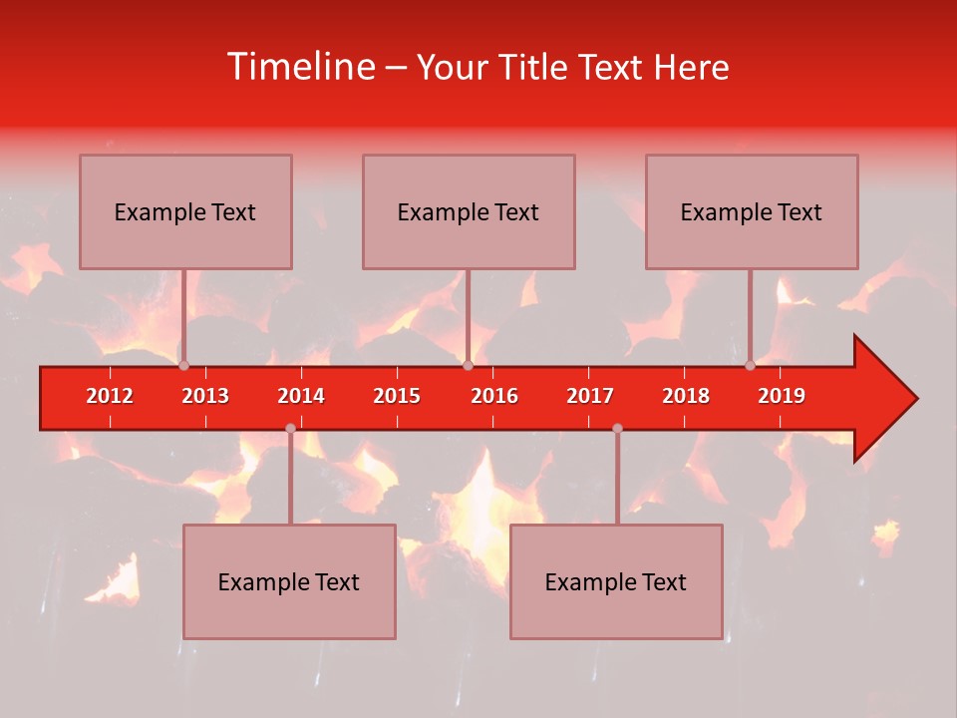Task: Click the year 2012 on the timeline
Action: coord(110,396)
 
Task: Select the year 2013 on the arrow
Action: coord(205,396)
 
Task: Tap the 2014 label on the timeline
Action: coord(301,396)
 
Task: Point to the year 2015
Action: coord(397,396)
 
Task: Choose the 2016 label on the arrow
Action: coord(494,396)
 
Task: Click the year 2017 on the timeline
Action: coord(590,396)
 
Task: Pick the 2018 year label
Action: coord(686,396)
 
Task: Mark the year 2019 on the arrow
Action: coord(782,396)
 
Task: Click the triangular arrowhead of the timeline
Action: coord(882,399)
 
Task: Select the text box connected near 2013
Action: coord(185,211)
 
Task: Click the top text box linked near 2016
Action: coord(469,211)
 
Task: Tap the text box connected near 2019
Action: coord(752,211)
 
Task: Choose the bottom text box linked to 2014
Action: coord(289,581)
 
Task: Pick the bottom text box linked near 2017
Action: coord(616,581)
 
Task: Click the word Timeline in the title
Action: coord(300,67)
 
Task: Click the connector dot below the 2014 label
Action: coord(290,428)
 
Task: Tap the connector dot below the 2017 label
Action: coord(617,428)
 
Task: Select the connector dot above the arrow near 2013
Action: coord(183,365)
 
